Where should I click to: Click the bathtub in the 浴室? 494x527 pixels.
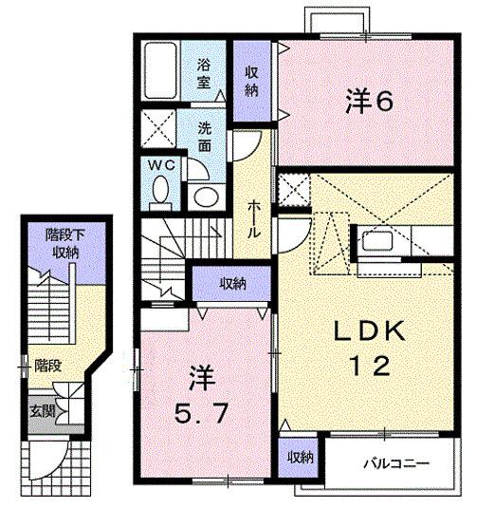[160, 70]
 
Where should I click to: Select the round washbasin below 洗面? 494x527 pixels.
[206, 197]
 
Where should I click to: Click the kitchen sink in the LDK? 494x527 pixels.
[376, 240]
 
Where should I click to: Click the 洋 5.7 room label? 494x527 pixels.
[202, 396]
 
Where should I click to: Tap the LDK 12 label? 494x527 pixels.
[370, 348]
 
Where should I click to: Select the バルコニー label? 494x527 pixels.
[396, 464]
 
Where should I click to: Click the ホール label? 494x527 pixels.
[253, 219]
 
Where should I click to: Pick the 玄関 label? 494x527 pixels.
[43, 411]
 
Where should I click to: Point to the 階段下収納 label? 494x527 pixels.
[64, 244]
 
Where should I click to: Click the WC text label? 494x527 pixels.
[162, 165]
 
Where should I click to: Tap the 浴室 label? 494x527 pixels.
[204, 74]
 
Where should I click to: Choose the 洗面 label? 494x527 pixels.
[205, 137]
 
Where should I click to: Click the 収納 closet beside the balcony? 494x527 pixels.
[299, 457]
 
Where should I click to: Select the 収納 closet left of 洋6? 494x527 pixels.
[252, 81]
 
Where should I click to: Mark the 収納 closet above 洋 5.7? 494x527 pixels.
[231, 283]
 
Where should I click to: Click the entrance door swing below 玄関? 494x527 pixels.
[49, 461]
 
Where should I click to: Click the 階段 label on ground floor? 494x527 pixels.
[48, 366]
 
